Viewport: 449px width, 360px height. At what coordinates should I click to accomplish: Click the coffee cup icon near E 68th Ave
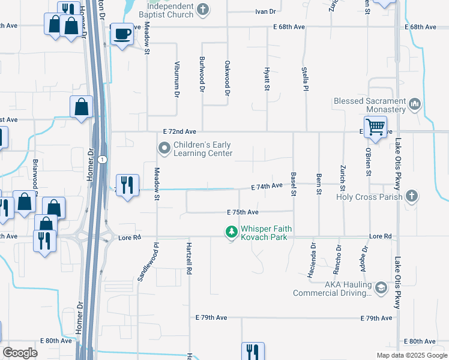(122, 34)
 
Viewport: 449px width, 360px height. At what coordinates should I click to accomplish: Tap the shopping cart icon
(375, 127)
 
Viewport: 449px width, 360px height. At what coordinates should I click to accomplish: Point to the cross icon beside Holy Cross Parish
(412, 196)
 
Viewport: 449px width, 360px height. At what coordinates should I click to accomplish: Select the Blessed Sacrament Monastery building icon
(414, 105)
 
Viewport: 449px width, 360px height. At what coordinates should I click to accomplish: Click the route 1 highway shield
(103, 160)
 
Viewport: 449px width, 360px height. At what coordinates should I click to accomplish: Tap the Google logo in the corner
(20, 352)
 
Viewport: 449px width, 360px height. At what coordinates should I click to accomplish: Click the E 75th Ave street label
(243, 212)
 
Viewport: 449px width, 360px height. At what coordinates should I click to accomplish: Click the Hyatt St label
(267, 79)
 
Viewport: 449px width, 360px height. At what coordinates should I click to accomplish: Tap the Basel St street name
(294, 184)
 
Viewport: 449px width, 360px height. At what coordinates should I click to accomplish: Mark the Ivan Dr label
(265, 11)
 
